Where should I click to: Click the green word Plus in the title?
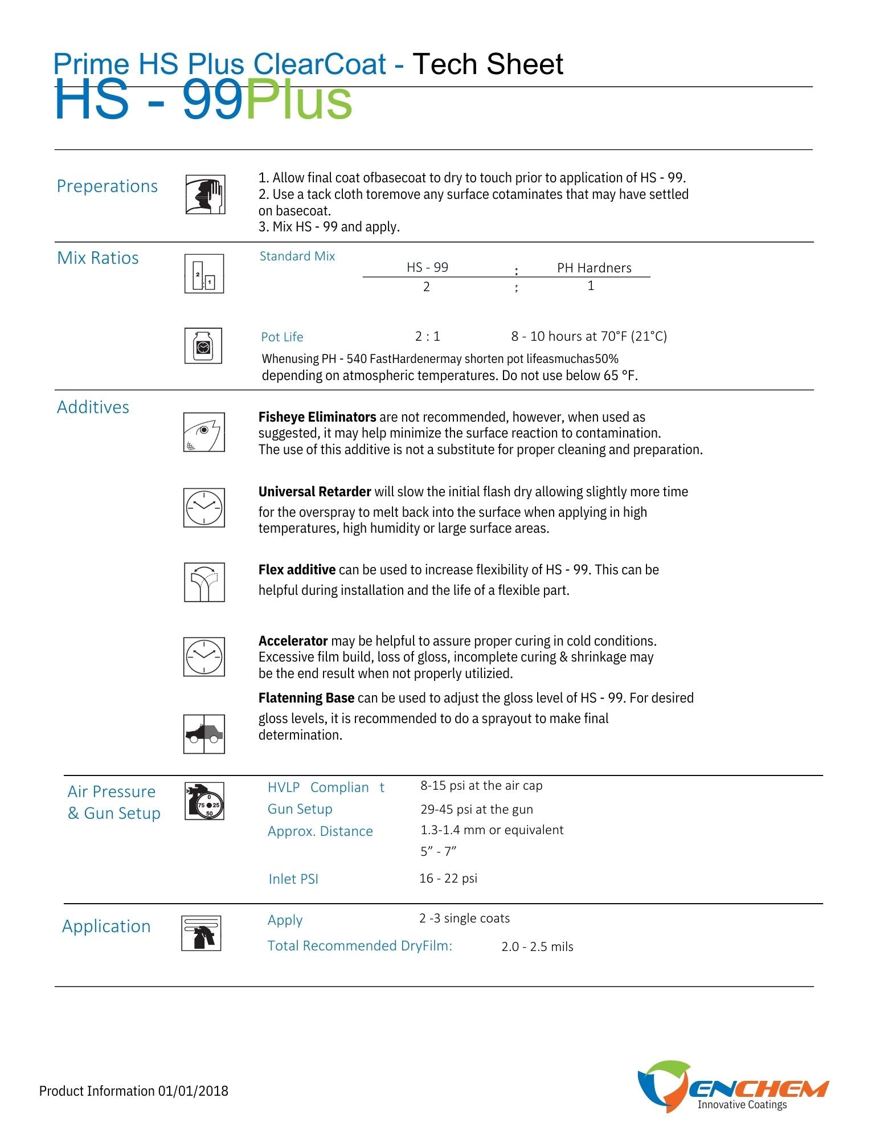298,101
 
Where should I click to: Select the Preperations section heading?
107,186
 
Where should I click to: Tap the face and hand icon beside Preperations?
205,195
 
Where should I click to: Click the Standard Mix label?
297,256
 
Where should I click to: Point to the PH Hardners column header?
594,268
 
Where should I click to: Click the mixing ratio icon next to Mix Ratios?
204,274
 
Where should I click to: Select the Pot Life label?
282,337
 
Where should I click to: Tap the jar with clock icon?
203,346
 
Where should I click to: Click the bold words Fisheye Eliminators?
317,417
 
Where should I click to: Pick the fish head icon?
204,432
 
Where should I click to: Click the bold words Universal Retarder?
314,492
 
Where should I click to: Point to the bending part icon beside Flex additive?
204,582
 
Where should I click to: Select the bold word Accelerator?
293,641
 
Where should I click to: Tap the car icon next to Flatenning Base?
204,734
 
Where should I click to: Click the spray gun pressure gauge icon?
204,801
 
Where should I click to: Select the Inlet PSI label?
293,879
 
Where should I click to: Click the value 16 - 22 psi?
448,879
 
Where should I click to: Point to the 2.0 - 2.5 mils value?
537,947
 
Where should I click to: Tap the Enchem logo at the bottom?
732,1087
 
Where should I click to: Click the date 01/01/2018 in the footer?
193,1091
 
